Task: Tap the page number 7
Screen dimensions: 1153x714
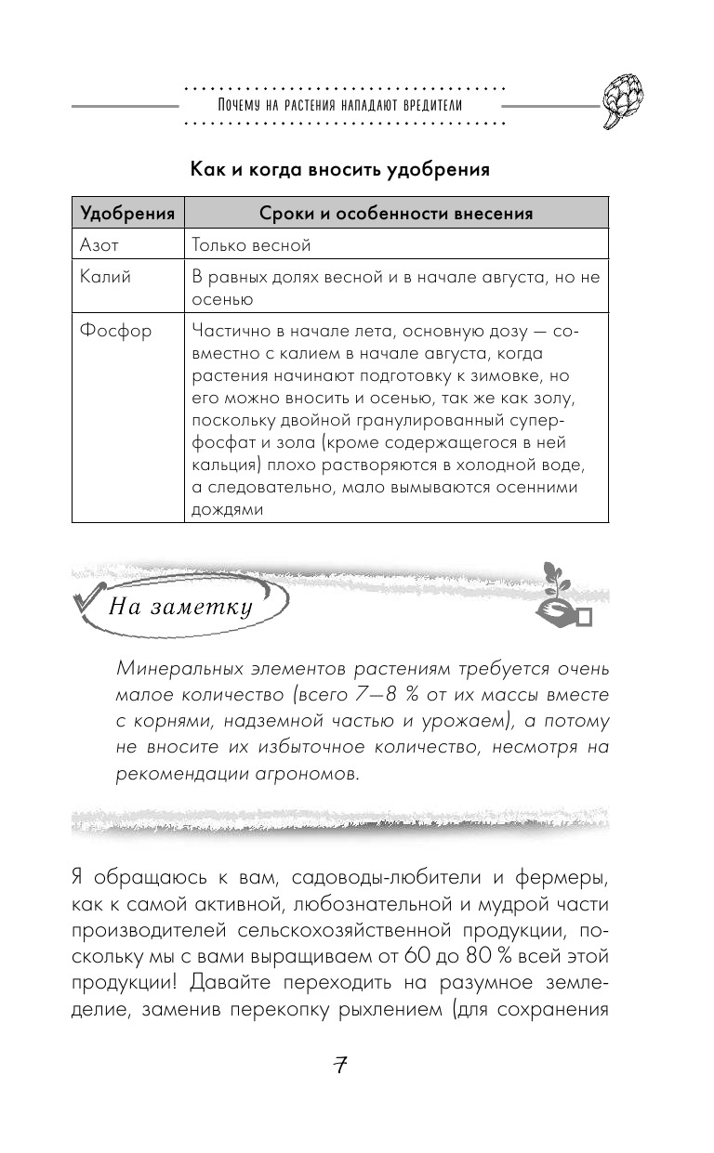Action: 339,1066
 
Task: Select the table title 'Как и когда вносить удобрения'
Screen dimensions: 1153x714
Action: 339,170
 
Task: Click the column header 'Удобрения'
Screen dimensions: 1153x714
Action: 128,214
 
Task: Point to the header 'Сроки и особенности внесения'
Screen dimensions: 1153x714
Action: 395,214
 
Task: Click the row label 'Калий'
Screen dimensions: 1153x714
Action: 104,277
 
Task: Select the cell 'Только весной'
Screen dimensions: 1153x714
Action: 250,245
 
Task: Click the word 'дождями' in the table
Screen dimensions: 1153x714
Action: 227,509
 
